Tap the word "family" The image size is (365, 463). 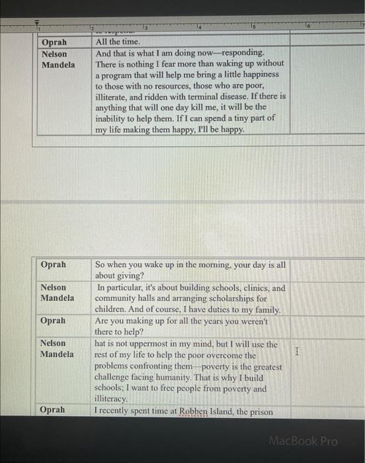coord(266,310)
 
